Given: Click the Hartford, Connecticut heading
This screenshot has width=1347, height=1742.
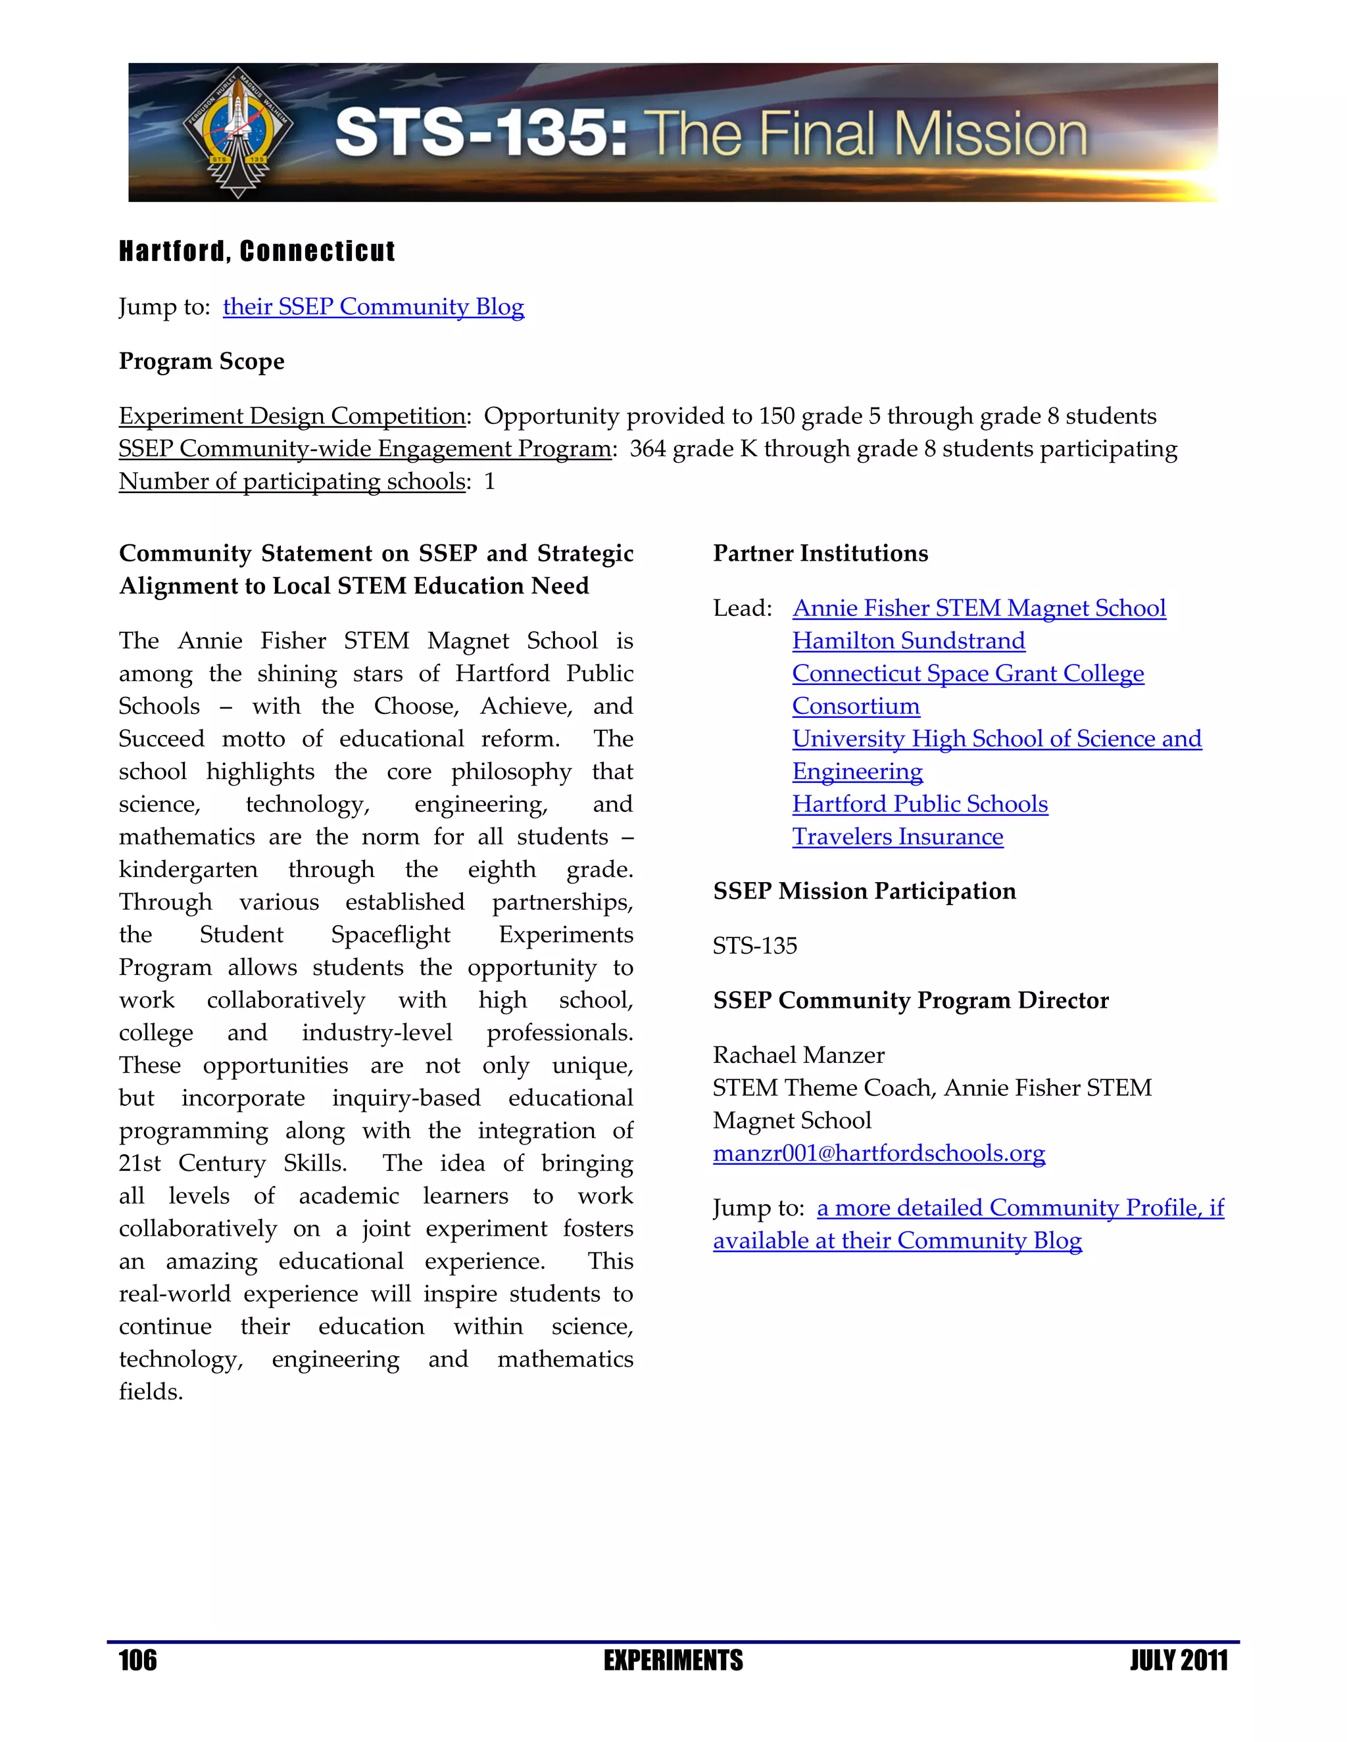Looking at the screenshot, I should click(x=257, y=251).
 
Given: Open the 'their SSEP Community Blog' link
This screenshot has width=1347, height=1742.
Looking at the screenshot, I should click(x=373, y=307).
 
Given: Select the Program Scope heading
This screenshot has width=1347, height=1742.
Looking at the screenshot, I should click(x=201, y=362).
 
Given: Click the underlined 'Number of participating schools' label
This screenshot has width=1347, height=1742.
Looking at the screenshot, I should click(x=291, y=482).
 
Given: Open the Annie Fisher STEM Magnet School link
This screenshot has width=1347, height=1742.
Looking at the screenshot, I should click(x=978, y=609).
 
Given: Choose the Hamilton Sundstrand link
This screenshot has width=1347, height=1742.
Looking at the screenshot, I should click(x=908, y=642).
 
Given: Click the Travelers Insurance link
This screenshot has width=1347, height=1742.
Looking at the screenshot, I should click(x=897, y=837).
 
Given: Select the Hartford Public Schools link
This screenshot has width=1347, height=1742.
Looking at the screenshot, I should click(x=919, y=804).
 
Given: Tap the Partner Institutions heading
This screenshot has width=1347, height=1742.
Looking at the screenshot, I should click(x=820, y=553).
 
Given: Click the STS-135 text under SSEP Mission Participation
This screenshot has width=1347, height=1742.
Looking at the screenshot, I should click(x=754, y=946).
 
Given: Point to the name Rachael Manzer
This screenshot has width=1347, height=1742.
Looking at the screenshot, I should click(x=798, y=1055).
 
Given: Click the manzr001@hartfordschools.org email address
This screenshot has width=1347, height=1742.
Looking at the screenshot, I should click(x=879, y=1154).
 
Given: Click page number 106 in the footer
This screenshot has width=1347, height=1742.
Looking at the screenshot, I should click(x=137, y=1660).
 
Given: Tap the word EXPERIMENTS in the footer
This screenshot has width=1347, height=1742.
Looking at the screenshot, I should click(x=673, y=1660).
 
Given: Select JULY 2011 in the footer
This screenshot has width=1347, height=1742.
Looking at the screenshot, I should click(x=1178, y=1660).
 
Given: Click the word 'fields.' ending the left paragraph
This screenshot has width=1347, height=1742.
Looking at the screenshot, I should click(x=151, y=1392).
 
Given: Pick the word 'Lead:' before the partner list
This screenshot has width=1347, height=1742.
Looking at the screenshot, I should click(x=742, y=609).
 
